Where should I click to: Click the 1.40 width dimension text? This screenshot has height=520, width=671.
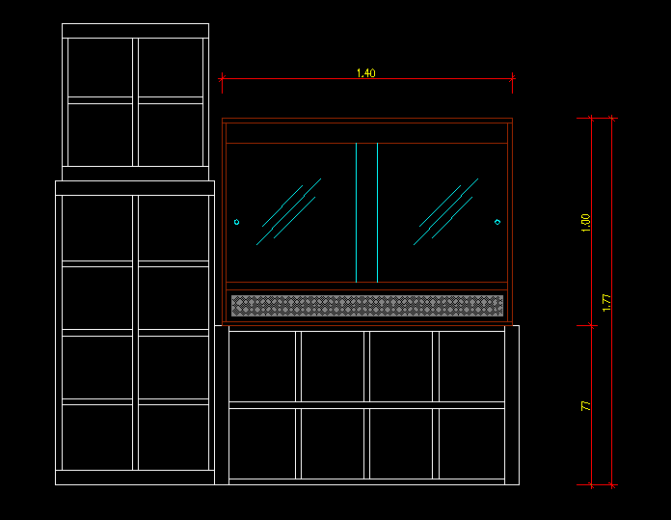[365, 73]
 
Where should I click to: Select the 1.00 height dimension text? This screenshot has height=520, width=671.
[585, 222]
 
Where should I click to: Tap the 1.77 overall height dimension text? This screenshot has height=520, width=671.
[606, 302]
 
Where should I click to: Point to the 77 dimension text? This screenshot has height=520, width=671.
[585, 406]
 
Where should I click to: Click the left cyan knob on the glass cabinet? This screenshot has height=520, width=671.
[236, 222]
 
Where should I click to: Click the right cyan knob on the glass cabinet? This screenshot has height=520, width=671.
[497, 222]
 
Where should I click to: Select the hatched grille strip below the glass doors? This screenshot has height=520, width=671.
[366, 306]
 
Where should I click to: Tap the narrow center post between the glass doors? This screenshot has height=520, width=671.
[366, 212]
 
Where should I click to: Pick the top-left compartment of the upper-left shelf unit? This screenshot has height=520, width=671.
[99, 67]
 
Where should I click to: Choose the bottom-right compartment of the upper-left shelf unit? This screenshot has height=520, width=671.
[171, 134]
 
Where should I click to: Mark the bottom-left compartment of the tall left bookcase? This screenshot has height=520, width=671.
[98, 436]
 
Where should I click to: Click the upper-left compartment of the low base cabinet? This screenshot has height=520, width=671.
[262, 366]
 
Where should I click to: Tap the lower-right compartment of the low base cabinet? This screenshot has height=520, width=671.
[471, 443]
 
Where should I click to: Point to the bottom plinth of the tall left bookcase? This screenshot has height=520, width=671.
[135, 477]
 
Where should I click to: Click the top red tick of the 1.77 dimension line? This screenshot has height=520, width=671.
[612, 119]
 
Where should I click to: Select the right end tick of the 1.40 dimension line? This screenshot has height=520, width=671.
[512, 79]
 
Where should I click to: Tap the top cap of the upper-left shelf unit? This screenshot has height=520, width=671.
[135, 31]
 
